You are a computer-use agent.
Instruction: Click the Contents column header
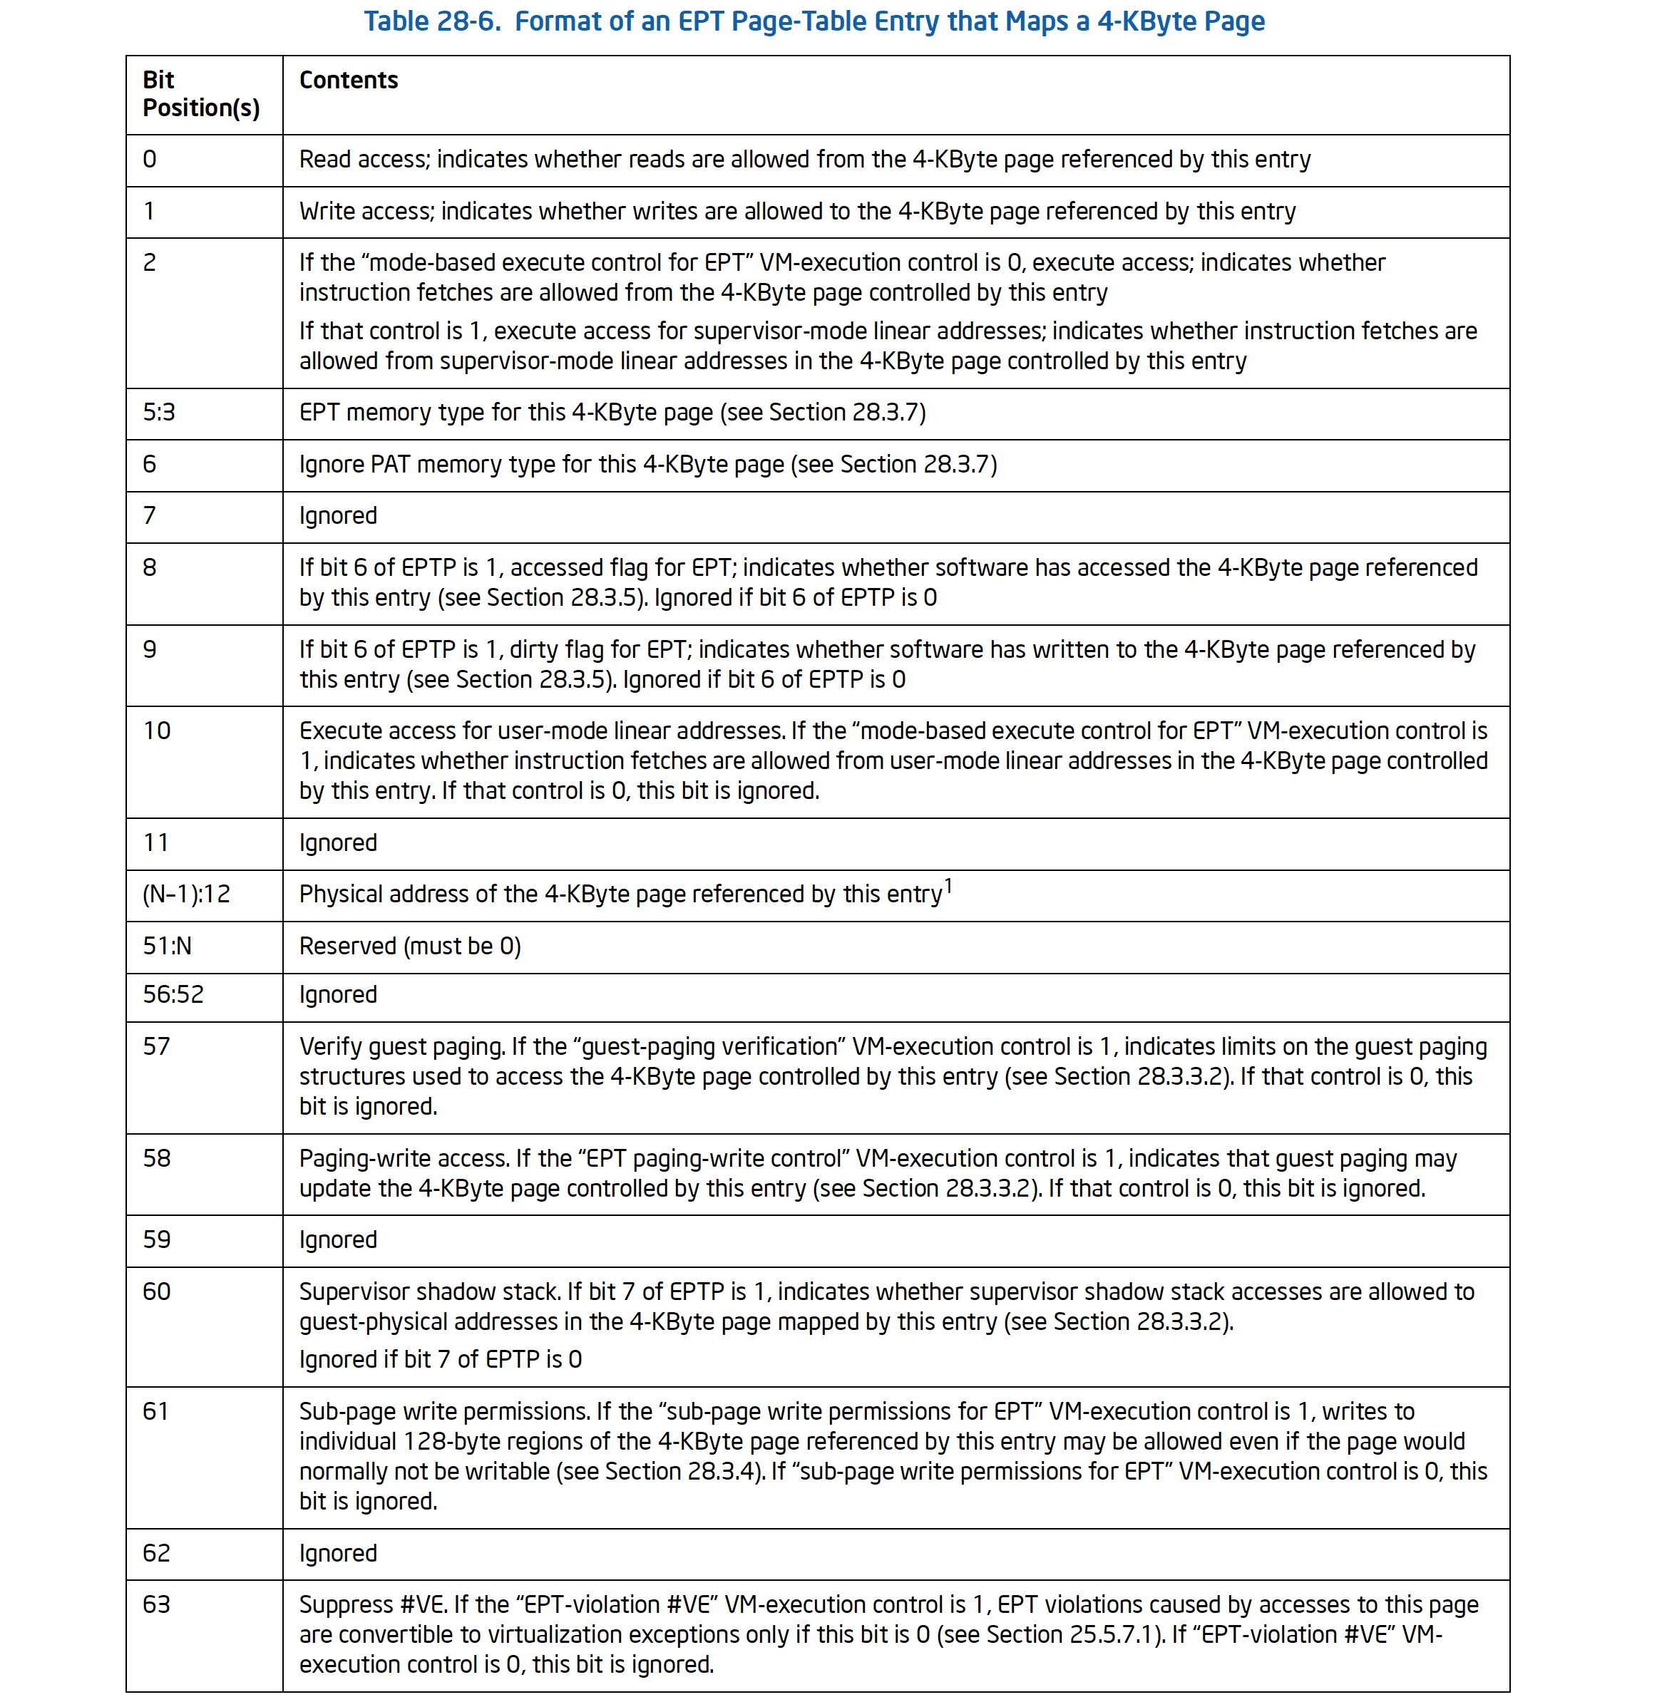348,80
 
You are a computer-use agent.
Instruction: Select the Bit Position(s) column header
200,94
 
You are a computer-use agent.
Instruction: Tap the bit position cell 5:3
158,413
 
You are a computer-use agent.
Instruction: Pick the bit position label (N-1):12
186,894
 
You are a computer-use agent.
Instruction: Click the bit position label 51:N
167,946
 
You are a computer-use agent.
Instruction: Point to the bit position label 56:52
173,994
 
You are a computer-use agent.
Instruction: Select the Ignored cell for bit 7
338,516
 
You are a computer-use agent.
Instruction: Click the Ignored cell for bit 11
338,843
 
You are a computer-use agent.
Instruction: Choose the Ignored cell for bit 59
338,1240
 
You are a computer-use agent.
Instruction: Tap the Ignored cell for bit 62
338,1553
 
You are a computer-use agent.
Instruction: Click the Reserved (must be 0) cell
410,946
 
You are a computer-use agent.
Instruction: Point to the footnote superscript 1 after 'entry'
948,886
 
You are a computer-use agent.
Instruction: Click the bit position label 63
157,1604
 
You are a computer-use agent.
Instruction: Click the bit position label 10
157,731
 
